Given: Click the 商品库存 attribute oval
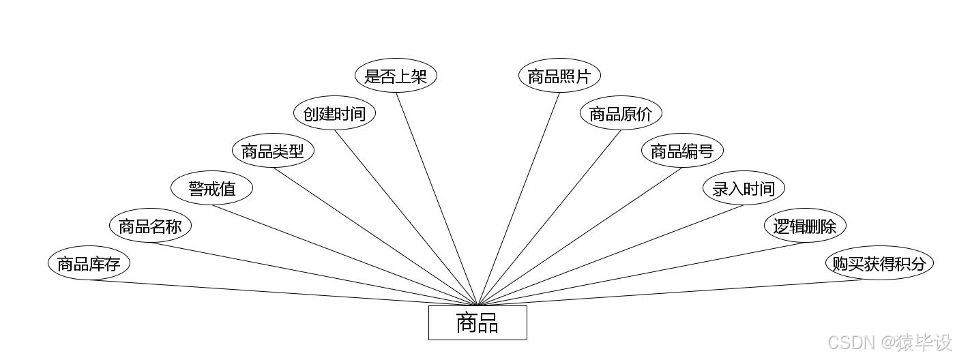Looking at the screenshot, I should click(x=89, y=263).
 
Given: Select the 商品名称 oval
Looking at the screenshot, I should click(x=150, y=226).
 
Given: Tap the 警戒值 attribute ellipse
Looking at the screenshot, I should click(x=211, y=188).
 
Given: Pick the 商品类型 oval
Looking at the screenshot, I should click(x=273, y=151).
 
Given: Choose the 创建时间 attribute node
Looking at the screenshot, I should click(x=334, y=113).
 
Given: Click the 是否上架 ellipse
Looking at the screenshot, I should click(x=396, y=76).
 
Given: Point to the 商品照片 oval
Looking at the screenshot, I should click(x=559, y=76).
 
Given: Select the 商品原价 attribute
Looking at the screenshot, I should click(x=621, y=113).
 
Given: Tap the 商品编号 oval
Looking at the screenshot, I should click(x=682, y=151).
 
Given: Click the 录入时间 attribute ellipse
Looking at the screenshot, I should click(x=744, y=188).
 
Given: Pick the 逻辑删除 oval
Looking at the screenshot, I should click(x=805, y=226).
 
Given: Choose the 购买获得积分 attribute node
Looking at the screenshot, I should click(x=879, y=263).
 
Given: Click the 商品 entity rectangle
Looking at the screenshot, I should click(x=477, y=322).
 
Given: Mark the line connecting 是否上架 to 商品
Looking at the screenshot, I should click(x=437, y=198).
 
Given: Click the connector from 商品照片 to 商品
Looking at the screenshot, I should click(x=518, y=198).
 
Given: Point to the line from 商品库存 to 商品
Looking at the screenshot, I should click(x=283, y=293).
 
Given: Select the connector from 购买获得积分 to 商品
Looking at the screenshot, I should click(x=668, y=293).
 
